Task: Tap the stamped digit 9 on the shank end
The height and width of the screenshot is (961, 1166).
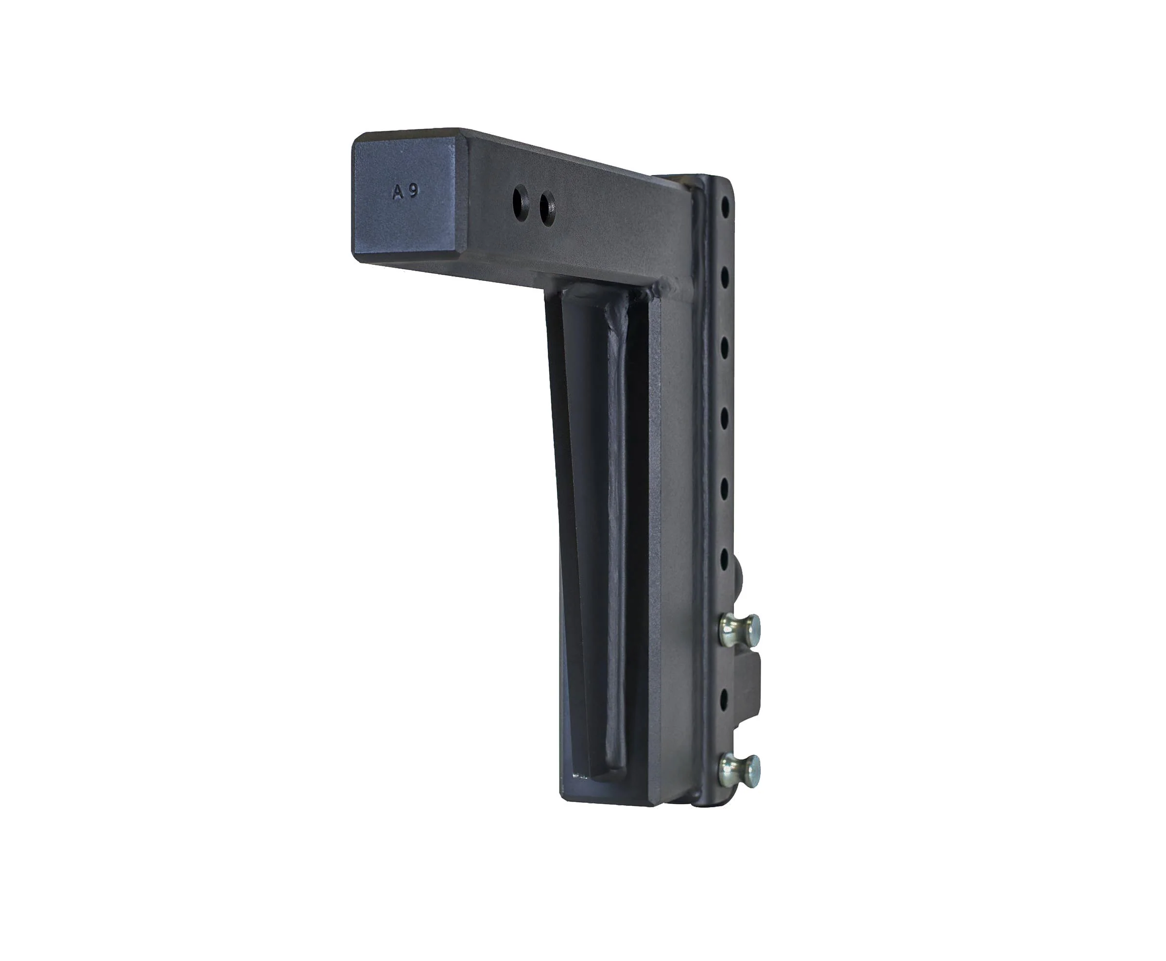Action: pyautogui.click(x=414, y=191)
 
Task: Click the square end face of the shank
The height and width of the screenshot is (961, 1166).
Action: pyautogui.click(x=403, y=196)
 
